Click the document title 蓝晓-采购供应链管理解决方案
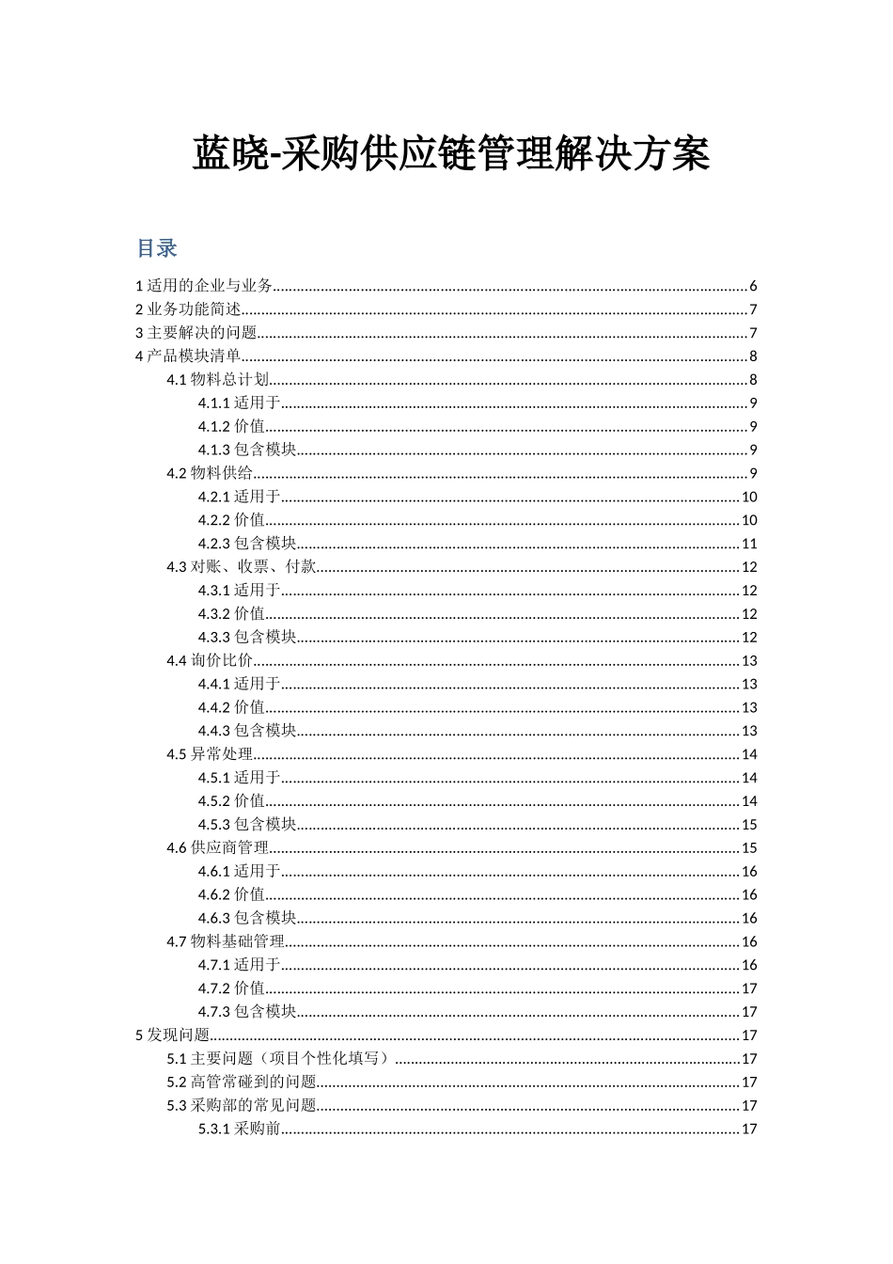tap(451, 154)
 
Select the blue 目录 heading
tap(157, 248)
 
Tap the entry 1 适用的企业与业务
tap(205, 286)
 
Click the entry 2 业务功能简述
tap(189, 309)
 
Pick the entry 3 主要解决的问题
tap(196, 333)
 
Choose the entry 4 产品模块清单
tap(189, 355)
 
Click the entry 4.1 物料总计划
tap(218, 380)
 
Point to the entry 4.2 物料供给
tap(211, 473)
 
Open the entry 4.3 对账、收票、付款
tap(242, 567)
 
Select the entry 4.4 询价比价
tap(211, 660)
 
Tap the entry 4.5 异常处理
tap(211, 754)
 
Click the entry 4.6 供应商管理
tap(218, 847)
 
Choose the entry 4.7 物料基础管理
tap(226, 941)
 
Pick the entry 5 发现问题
tap(173, 1035)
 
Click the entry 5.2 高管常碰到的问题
tap(242, 1082)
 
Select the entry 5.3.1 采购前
tap(240, 1129)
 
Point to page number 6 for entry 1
tap(753, 287)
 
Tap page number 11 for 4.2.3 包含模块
tap(749, 544)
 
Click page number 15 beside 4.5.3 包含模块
tap(749, 825)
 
